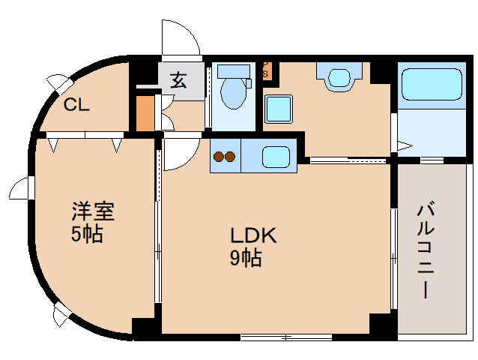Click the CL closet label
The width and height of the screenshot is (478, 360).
76,105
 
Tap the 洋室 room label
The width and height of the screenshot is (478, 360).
93,211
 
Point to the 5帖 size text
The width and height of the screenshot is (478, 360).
87,234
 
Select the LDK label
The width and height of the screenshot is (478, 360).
254,235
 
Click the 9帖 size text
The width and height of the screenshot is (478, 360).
245,259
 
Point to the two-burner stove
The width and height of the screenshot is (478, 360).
224,157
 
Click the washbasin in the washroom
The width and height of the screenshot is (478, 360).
339,76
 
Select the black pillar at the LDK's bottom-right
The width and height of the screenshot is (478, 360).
381,325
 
